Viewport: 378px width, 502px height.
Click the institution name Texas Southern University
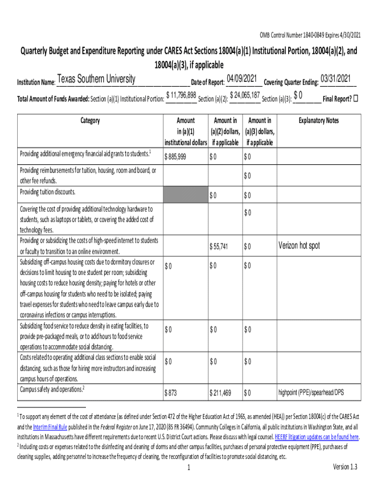pos(96,79)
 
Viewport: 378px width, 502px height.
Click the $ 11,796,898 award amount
pos(181,95)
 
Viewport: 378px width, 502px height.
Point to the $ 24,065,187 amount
pos(244,95)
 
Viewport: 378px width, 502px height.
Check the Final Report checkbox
pos(356,98)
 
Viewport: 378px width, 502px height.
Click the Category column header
pos(90,121)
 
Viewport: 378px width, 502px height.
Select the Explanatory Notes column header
pos(319,121)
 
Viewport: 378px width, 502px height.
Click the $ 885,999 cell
pos(176,157)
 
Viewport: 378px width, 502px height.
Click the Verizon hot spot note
pos(299,246)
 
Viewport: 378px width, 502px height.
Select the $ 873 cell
pos(171,392)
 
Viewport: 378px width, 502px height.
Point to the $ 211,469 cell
pos(220,392)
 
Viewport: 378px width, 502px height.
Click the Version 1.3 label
pos(345,467)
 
